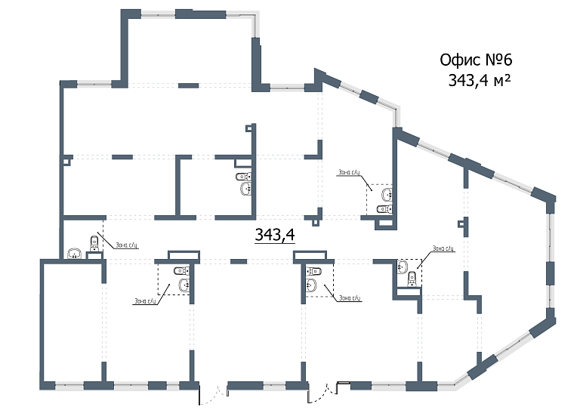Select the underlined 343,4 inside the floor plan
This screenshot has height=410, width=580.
click(x=274, y=236)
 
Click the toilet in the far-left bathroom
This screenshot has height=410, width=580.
click(x=94, y=243)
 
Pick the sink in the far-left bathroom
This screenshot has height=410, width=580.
click(x=74, y=254)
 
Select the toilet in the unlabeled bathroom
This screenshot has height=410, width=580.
click(x=244, y=190)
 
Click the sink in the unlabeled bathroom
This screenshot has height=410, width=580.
click(x=243, y=177)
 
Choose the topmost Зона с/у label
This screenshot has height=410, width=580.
click(x=350, y=173)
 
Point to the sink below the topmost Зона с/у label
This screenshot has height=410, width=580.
click(x=387, y=195)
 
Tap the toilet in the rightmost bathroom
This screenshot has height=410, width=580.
click(x=412, y=279)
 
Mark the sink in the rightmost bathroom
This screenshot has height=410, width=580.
click(x=403, y=265)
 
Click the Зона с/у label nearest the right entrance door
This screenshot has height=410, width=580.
click(x=350, y=298)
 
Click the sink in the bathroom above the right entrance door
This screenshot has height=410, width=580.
click(x=310, y=285)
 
